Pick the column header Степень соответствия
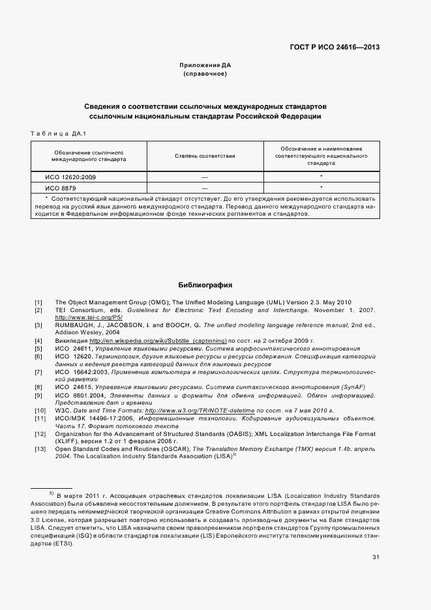point(205,156)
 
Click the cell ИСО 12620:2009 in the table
point(70,177)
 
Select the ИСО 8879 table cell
point(60,188)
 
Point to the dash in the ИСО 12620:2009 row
point(205,177)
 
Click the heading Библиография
point(205,285)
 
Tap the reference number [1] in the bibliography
point(38,302)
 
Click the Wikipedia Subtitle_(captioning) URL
point(158,340)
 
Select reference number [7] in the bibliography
point(38,371)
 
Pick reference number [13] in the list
point(40,449)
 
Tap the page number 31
point(376,557)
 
